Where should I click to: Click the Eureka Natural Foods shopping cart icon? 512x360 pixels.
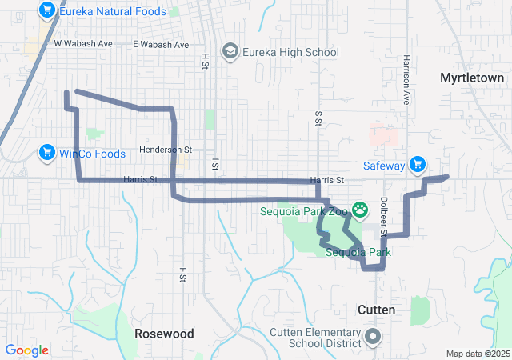coord(46,11)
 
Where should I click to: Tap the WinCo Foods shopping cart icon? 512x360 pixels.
coord(46,153)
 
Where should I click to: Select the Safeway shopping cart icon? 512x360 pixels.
coord(416,165)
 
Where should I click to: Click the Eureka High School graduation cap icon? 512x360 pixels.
coord(231,52)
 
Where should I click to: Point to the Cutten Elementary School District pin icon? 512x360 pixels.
coord(373,337)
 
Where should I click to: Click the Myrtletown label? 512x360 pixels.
coord(472,78)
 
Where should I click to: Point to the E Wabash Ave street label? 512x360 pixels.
coord(161,44)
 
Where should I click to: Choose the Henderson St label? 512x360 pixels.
coord(166,150)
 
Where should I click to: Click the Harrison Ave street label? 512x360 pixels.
coord(406,73)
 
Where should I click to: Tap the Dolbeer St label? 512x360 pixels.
coord(383,216)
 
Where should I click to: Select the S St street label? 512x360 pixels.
coord(318,118)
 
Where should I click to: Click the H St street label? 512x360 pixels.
coord(205,60)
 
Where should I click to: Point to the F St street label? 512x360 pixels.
coord(182,274)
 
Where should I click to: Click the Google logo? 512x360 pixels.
coord(27,350)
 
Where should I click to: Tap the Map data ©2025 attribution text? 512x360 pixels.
coord(477,354)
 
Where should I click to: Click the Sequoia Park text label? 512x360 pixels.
coord(358,252)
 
